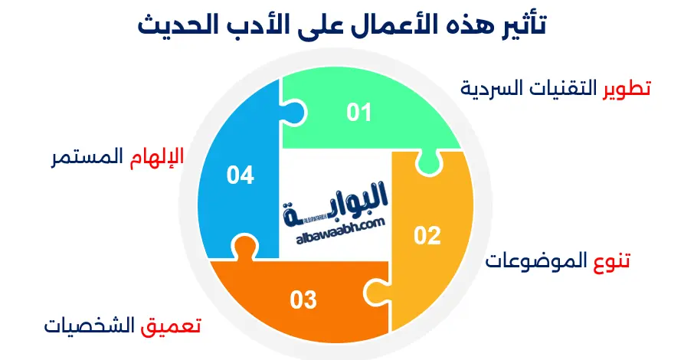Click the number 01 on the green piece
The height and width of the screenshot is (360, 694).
coord(358,113)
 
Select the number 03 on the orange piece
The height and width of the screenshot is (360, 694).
coord(303,300)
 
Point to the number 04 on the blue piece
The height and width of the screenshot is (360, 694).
coord(240,175)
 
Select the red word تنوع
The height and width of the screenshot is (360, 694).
coord(612,261)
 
